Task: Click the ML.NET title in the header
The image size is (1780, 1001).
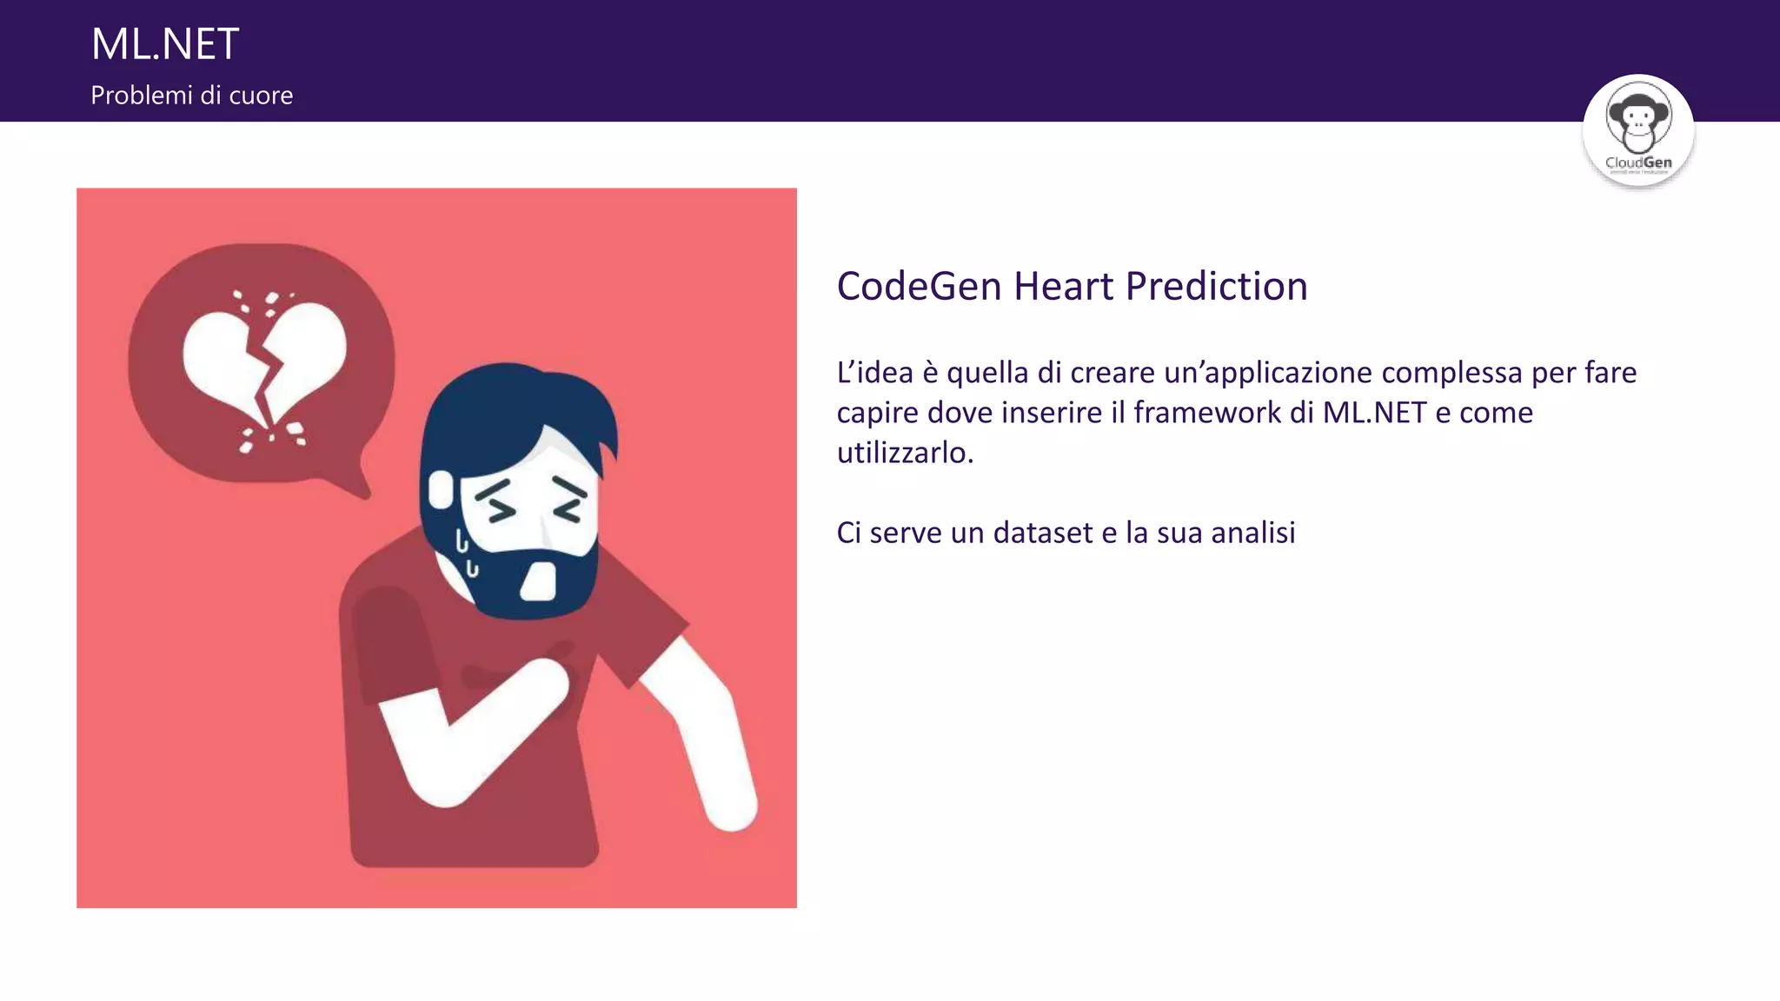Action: click(x=165, y=44)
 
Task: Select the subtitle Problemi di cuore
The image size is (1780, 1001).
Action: click(x=191, y=96)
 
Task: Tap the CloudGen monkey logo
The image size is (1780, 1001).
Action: click(x=1638, y=129)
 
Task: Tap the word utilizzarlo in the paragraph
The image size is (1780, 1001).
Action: click(x=904, y=453)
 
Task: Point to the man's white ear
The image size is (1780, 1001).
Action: click(x=442, y=489)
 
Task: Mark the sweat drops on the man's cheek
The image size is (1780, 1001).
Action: click(x=467, y=554)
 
